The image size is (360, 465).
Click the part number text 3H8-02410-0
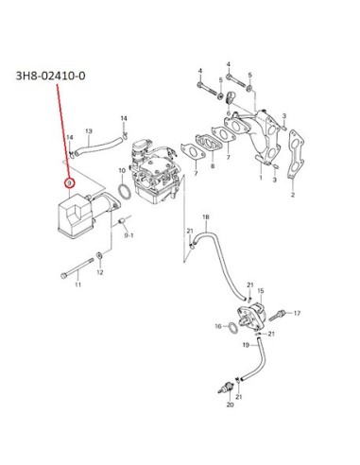click(50, 76)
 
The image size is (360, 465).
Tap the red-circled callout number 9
click(69, 183)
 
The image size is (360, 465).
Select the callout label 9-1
click(129, 235)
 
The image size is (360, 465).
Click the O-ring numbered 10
click(125, 192)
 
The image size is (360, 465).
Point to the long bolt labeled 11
click(77, 267)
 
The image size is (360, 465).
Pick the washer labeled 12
click(99, 255)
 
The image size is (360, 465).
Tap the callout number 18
click(205, 217)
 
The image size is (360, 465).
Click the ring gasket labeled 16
click(233, 328)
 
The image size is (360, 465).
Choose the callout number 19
click(246, 345)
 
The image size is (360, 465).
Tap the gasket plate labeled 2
click(296, 154)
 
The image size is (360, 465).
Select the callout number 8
click(213, 165)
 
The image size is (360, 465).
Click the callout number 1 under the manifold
click(261, 178)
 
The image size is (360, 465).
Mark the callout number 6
click(229, 113)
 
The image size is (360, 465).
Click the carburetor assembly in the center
click(154, 175)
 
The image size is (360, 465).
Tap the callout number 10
click(122, 170)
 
